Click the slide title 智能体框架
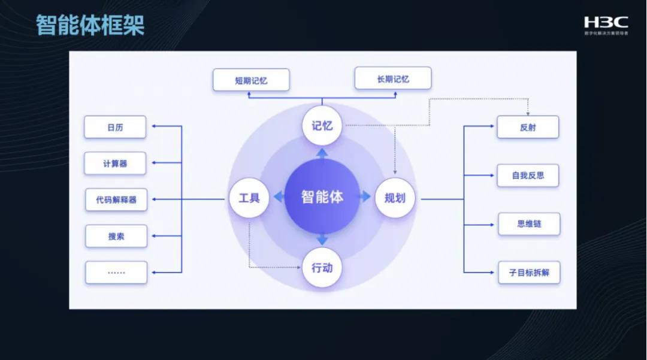(x=90, y=25)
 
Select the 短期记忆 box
(x=251, y=80)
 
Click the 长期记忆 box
(x=393, y=78)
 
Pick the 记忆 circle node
(x=322, y=126)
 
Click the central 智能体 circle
(x=322, y=196)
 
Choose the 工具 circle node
(x=249, y=197)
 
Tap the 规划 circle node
(x=395, y=197)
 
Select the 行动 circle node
(x=322, y=268)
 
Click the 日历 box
(x=115, y=127)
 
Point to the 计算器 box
(x=115, y=163)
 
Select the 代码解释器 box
(x=116, y=199)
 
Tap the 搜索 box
(x=116, y=236)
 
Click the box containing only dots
(x=116, y=272)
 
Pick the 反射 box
(x=528, y=127)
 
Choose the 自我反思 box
(x=528, y=176)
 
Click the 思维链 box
(x=529, y=224)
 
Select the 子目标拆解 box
(x=529, y=272)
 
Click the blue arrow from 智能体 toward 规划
(x=365, y=196)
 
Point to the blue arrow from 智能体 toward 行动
(x=322, y=239)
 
